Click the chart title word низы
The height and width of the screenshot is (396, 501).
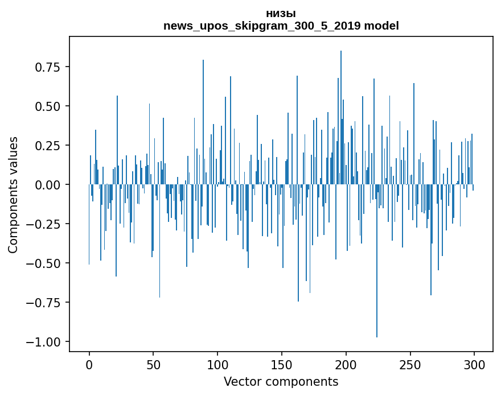(x=281, y=14)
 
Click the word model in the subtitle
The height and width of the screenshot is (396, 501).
(x=381, y=26)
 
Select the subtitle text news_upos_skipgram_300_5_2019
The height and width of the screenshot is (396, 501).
(x=262, y=26)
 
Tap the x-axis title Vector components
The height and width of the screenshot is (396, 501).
(x=281, y=382)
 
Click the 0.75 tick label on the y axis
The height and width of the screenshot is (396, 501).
(x=47, y=67)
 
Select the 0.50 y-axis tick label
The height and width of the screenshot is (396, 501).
(x=47, y=106)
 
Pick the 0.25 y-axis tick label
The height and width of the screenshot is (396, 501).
(x=47, y=146)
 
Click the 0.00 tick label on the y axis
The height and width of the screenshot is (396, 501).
(x=47, y=185)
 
